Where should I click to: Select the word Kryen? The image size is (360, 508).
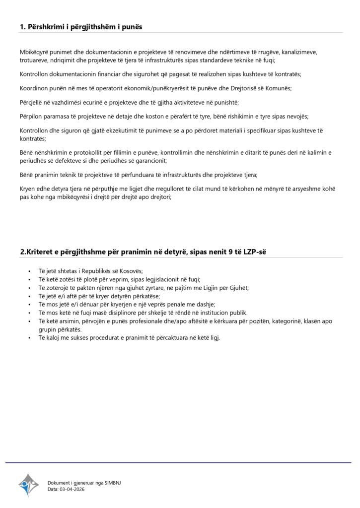[x=28, y=189]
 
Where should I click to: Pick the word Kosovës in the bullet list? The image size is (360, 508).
[x=131, y=271]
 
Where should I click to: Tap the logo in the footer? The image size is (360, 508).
[x=29, y=485]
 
